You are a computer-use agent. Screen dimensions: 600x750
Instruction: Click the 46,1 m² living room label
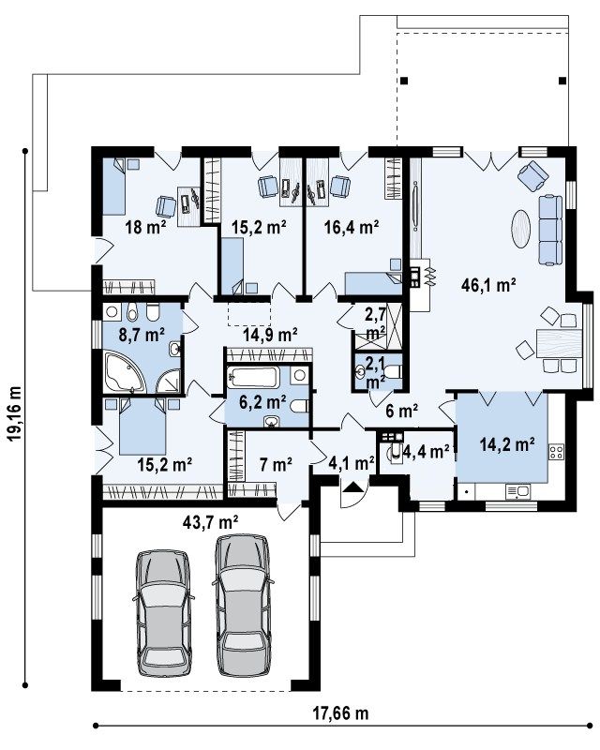(488, 286)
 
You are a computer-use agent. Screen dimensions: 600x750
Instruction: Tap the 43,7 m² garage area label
(210, 522)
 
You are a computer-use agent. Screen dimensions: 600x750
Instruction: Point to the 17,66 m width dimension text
(340, 713)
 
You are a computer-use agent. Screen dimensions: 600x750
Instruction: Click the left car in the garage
(163, 613)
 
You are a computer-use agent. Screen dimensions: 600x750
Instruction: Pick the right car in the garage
(243, 605)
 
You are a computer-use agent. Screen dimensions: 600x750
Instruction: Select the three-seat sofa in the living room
(550, 230)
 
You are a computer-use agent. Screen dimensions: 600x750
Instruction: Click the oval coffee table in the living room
(520, 229)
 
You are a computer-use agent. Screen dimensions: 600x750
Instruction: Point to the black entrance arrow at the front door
(353, 487)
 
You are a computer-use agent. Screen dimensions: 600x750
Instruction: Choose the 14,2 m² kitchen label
(507, 444)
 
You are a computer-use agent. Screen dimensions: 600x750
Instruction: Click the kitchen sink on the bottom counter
(517, 491)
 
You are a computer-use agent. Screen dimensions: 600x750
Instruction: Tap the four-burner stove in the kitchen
(556, 452)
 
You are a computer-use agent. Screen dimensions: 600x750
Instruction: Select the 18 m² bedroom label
(145, 227)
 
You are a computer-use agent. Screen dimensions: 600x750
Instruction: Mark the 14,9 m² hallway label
(271, 334)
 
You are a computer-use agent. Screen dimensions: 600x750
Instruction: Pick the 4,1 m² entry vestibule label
(352, 463)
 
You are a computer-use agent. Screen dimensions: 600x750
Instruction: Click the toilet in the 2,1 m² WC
(394, 371)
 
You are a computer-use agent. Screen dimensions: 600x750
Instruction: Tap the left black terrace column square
(405, 81)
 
